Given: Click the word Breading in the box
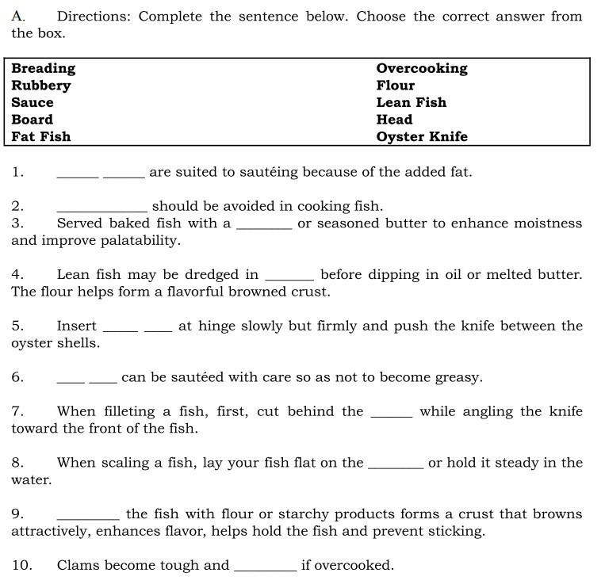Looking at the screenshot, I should (44, 69).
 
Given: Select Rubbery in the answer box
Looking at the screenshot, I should (41, 86).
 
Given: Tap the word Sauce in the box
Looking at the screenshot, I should (33, 103).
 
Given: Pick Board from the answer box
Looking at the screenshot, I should (33, 120).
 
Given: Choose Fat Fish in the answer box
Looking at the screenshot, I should (41, 137).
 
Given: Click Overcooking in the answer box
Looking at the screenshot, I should (422, 69).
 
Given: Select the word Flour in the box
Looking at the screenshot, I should (396, 86).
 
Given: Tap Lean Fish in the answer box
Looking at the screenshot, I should (412, 103).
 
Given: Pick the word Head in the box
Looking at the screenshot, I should (394, 120).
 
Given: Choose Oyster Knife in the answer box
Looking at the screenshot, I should (422, 137).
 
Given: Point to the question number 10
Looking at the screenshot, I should (21, 566).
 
